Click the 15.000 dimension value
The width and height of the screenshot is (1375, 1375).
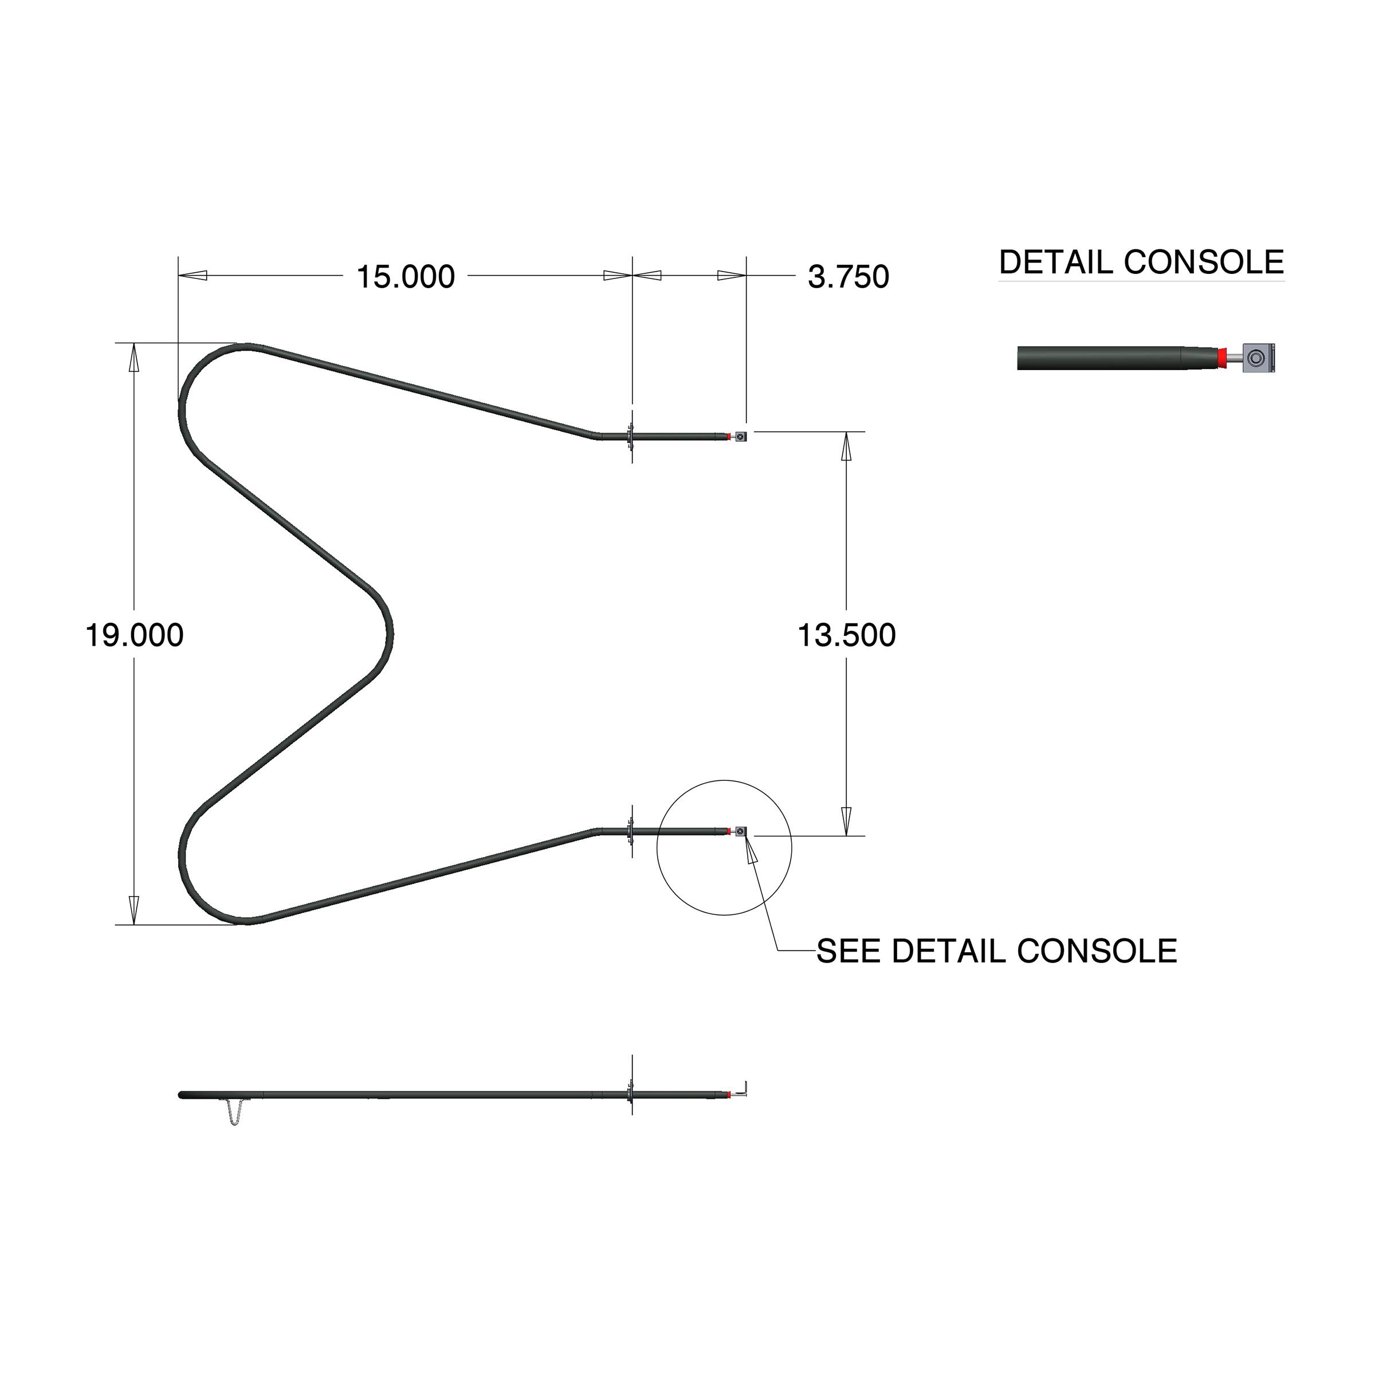click(x=405, y=277)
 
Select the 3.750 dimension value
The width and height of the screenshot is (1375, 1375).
click(x=848, y=277)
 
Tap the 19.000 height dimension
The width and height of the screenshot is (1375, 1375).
click(x=134, y=635)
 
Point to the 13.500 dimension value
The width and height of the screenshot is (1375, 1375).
click(x=846, y=635)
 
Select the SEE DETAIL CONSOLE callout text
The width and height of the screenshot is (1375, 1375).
click(x=996, y=952)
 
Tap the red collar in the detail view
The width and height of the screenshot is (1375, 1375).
click(x=1223, y=357)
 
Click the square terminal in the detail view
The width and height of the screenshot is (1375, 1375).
click(x=1258, y=357)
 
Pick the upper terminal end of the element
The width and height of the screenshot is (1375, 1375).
click(x=741, y=436)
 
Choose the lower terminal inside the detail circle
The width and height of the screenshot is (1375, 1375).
click(x=740, y=831)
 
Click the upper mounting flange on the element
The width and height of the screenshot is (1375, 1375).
click(x=631, y=436)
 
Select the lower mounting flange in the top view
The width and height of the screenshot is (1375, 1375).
click(x=631, y=831)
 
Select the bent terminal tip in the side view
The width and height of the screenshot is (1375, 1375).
click(x=744, y=1090)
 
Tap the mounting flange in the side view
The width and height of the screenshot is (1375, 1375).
click(x=631, y=1094)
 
